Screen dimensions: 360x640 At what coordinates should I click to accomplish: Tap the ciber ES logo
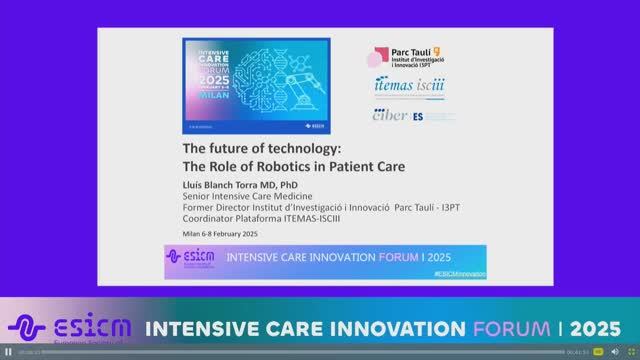(398, 115)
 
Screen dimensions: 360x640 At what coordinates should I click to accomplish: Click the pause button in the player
(8, 352)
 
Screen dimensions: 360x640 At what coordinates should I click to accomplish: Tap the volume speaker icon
(615, 352)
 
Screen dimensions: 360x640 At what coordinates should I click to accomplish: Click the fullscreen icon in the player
(631, 352)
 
